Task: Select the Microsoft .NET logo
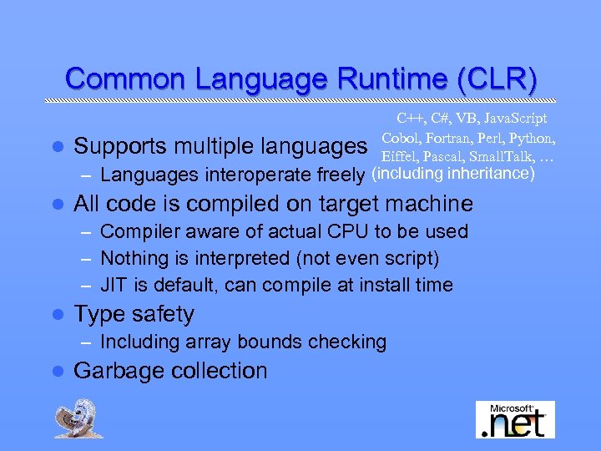(515, 419)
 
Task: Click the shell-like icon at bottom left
(79, 418)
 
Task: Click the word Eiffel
(400, 156)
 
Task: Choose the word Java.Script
(511, 119)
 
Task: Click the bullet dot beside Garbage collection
(57, 372)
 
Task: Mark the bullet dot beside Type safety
(57, 315)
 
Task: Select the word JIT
(115, 285)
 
